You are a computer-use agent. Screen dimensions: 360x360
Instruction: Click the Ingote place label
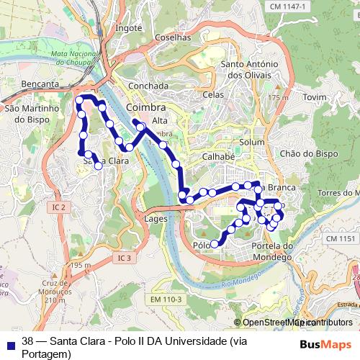pyautogui.click(x=129, y=28)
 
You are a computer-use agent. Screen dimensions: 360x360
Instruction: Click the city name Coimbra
pyautogui.click(x=145, y=107)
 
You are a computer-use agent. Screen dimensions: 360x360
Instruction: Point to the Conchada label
pyautogui.click(x=148, y=86)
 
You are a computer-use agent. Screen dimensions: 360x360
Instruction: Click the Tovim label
pyautogui.click(x=315, y=96)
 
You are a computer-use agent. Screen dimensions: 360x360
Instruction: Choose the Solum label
pyautogui.click(x=252, y=142)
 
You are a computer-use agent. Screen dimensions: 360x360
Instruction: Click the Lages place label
pyautogui.click(x=156, y=218)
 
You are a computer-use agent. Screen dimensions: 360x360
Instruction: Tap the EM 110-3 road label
pyautogui.click(x=167, y=299)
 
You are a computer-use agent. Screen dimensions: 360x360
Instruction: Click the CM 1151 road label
pyautogui.click(x=340, y=238)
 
